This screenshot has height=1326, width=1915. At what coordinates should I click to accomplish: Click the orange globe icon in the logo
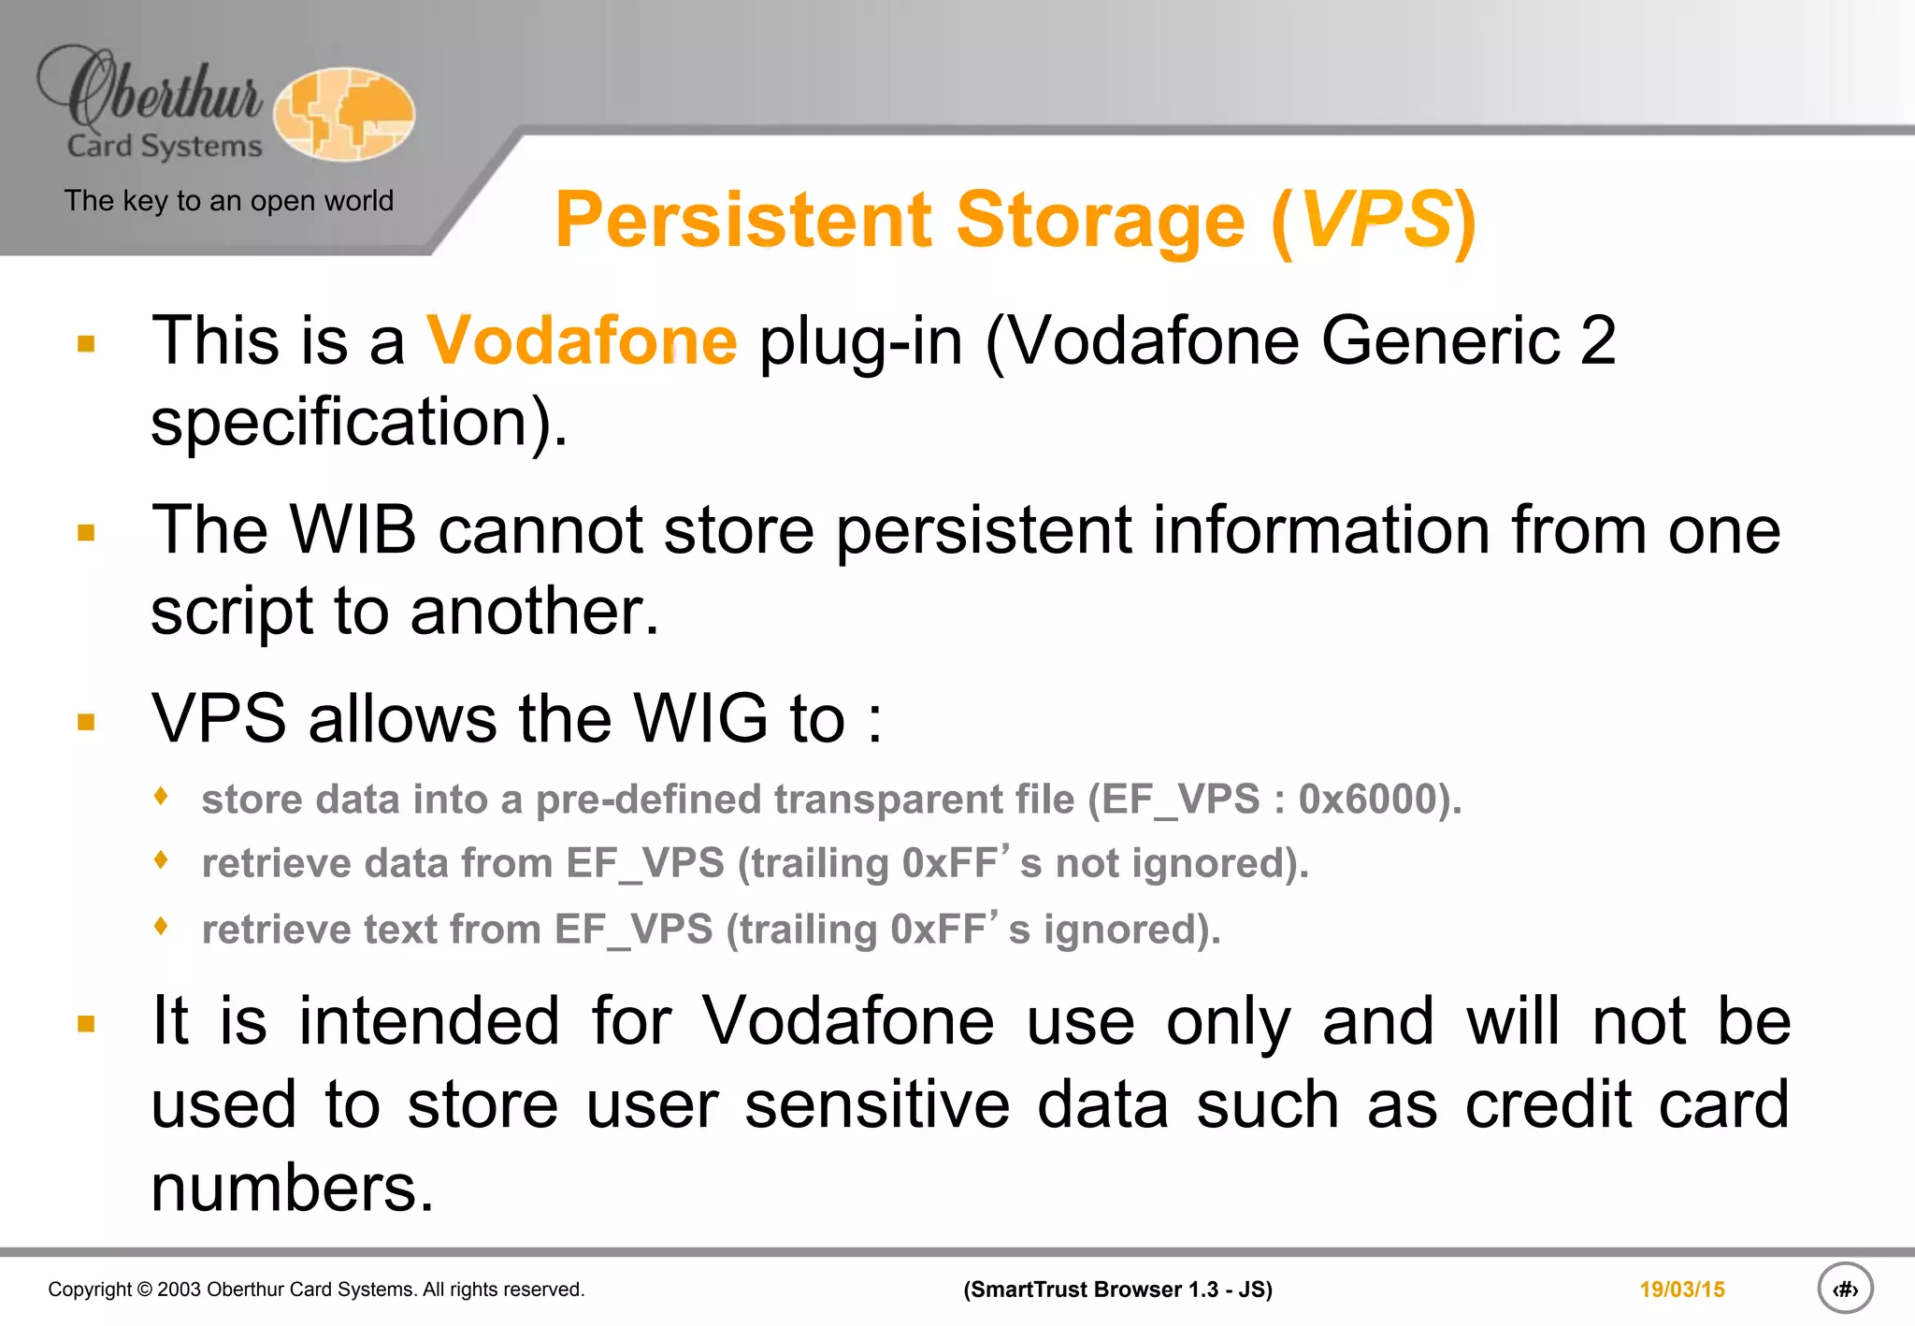(x=344, y=114)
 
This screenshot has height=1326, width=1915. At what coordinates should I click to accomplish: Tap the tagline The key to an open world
(x=228, y=201)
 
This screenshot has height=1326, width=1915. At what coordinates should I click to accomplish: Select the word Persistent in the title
(x=742, y=220)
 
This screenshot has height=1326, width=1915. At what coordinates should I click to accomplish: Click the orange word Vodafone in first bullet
(x=582, y=341)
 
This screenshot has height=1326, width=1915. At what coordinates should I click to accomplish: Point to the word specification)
(x=359, y=423)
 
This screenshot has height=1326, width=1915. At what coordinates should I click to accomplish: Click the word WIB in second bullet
(x=353, y=530)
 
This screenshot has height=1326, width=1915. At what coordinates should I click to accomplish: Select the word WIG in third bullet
(x=700, y=719)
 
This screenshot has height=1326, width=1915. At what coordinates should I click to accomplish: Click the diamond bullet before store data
(x=162, y=796)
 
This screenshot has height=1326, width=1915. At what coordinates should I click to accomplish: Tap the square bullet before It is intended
(x=87, y=1024)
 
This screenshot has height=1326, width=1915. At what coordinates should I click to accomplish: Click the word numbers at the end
(x=292, y=1189)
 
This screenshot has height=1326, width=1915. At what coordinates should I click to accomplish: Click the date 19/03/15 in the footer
(x=1681, y=1290)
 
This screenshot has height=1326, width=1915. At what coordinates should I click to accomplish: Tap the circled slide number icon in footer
(x=1844, y=1289)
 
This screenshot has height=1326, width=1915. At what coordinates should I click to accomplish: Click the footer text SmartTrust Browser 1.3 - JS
(x=1117, y=1290)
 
